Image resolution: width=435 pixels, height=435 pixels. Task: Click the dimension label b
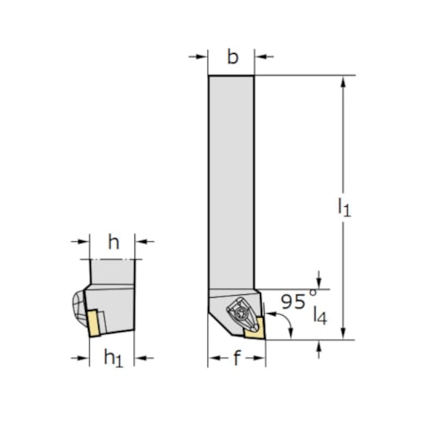pos(232,57)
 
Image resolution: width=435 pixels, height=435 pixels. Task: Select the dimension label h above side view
pos(113,242)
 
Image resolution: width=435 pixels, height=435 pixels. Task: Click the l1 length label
pos(343,207)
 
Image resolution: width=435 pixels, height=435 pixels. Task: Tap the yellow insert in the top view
pos(253,328)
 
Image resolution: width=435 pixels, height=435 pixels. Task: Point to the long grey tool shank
pos(231,180)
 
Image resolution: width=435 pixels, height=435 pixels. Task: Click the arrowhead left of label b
pos(201,57)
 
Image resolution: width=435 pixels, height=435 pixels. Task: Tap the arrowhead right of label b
pos(262,57)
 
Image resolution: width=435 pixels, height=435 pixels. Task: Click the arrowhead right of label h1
pos(141,357)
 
